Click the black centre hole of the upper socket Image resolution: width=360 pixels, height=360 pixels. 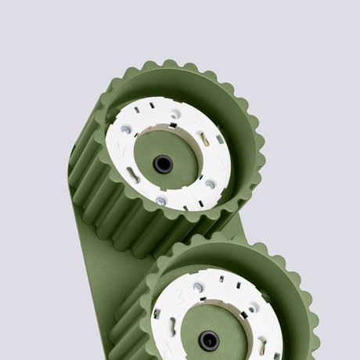tap(163, 164)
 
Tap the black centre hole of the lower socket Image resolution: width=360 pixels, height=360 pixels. tap(208, 340)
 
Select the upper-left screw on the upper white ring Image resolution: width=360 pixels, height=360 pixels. tap(125, 130)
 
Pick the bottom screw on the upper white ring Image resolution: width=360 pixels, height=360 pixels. tap(160, 201)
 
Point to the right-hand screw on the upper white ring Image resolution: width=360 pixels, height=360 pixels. tap(209, 185)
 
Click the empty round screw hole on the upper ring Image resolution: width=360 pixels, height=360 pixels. tap(175, 114)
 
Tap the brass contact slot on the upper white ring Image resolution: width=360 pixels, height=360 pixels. tap(204, 139)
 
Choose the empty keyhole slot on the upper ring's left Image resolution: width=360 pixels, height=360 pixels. tap(133, 177)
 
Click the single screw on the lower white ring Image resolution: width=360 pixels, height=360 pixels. tap(199, 287)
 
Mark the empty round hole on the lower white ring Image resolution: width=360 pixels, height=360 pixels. tap(252, 308)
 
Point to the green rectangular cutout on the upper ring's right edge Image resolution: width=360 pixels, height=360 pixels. tap(220, 139)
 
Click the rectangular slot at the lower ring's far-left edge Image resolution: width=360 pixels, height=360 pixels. tap(157, 314)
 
